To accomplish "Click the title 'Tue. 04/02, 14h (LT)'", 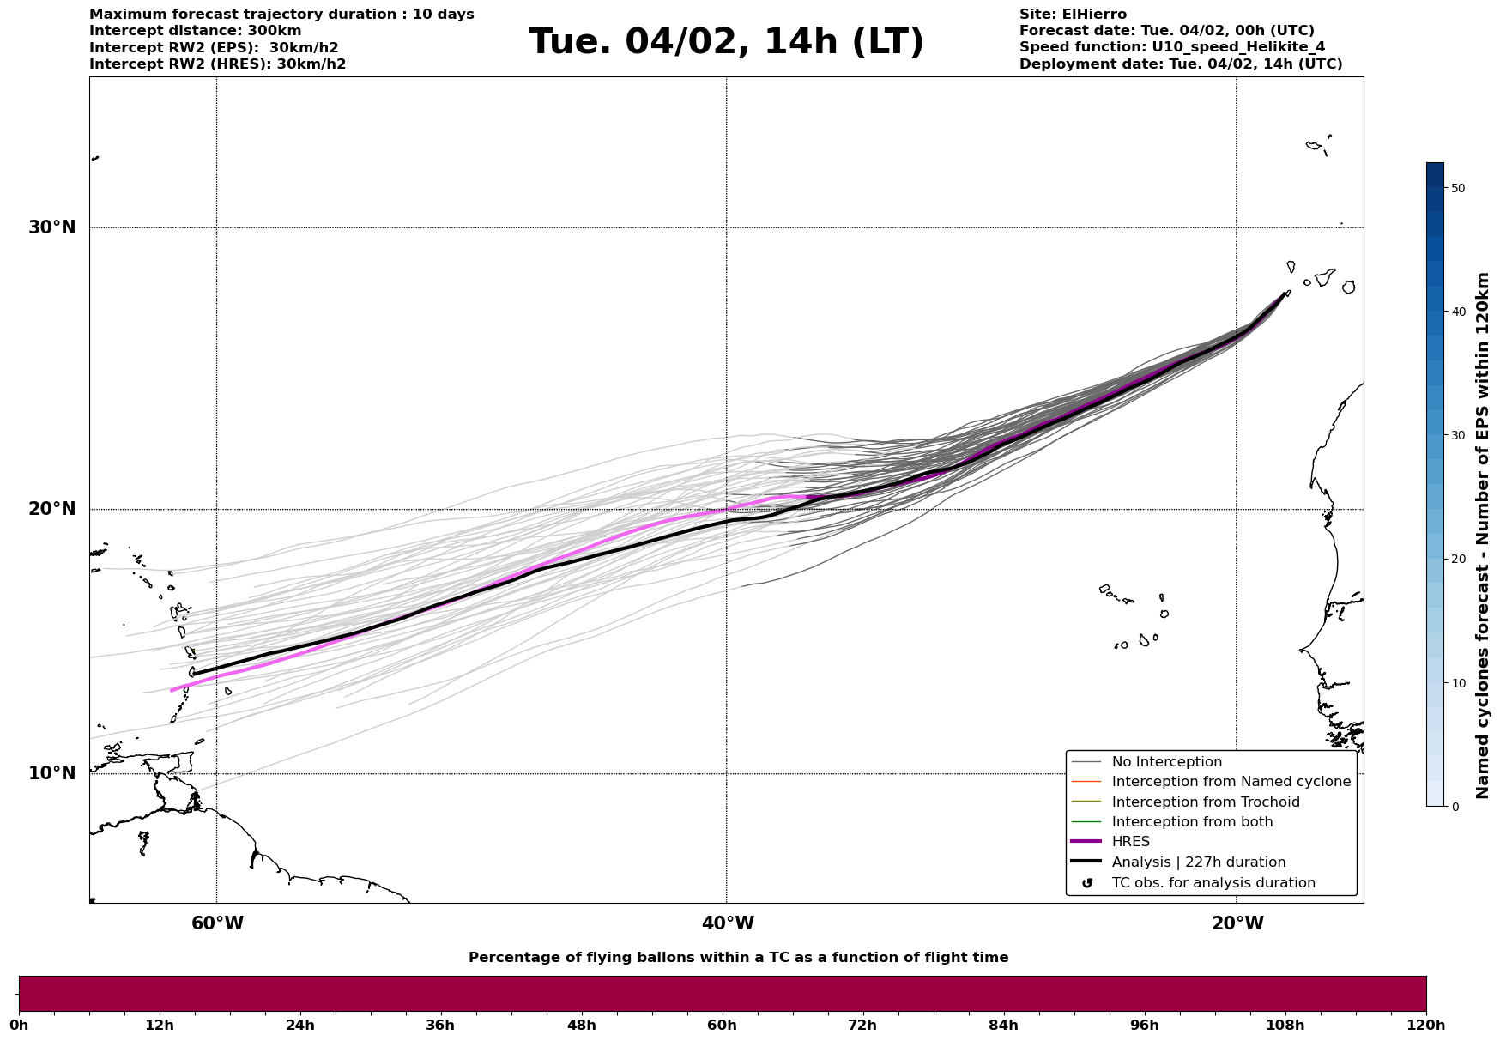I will [x=726, y=42].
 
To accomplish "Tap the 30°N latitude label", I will [x=52, y=227].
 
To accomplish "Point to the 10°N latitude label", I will [x=52, y=773].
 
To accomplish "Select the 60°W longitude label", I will [x=217, y=923].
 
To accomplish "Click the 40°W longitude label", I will [x=728, y=923].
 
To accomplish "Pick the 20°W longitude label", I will [x=1237, y=923].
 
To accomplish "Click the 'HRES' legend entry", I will [x=1130, y=842].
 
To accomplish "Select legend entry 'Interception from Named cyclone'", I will [x=1231, y=782].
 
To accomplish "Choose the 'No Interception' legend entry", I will [x=1166, y=762].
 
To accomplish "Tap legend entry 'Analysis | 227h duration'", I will [x=1198, y=862].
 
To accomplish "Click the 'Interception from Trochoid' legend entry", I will [x=1205, y=802].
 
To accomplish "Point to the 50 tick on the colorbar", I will [x=1458, y=188].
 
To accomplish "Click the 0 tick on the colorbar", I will [x=1454, y=806].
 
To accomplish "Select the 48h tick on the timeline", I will [x=581, y=1025].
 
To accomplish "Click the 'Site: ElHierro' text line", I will [x=1073, y=15].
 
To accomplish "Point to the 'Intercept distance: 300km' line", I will [x=195, y=31].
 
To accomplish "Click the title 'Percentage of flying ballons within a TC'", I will [x=738, y=958].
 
